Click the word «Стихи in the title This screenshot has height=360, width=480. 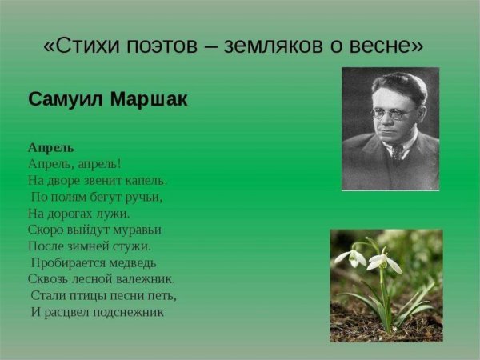click(x=82, y=46)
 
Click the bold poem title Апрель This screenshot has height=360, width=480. click(x=50, y=147)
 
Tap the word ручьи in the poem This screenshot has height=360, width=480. click(x=143, y=197)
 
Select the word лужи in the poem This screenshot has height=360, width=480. click(x=115, y=214)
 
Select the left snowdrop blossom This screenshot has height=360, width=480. click(x=350, y=258)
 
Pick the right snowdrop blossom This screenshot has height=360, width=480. click(x=382, y=261)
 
